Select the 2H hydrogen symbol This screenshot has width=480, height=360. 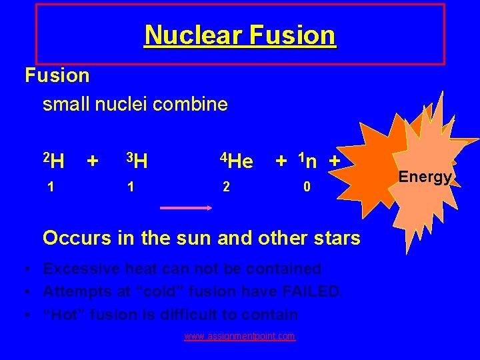(x=54, y=161)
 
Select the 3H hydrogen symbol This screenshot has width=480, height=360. (x=137, y=161)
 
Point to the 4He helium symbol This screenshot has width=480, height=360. (x=237, y=161)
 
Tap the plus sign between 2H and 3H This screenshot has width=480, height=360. (x=93, y=160)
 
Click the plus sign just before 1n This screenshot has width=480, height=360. (x=282, y=160)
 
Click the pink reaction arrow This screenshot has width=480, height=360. (x=185, y=208)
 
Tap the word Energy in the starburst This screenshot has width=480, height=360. (x=425, y=177)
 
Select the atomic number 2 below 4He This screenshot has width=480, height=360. (x=226, y=187)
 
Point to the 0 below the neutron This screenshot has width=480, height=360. (x=306, y=187)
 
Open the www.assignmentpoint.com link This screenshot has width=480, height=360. (x=239, y=336)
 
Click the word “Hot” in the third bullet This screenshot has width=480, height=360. (x=65, y=314)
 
